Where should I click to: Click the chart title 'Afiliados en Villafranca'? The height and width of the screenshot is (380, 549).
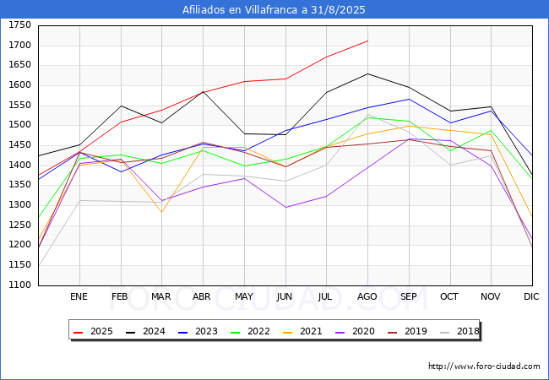[241, 10]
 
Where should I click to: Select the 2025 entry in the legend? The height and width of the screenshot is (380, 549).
[93, 331]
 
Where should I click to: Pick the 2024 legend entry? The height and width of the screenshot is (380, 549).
[145, 331]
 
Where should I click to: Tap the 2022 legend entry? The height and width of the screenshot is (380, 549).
[250, 331]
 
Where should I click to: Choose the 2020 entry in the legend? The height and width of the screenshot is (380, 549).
[355, 331]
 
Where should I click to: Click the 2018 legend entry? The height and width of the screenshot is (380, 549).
[459, 331]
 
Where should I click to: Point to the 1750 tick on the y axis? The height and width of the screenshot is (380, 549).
[19, 25]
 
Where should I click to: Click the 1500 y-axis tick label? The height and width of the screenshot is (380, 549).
[19, 125]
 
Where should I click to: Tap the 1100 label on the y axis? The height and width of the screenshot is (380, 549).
[19, 285]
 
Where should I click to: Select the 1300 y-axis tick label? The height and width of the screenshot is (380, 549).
[19, 204]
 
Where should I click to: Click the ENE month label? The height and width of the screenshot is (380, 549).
[79, 296]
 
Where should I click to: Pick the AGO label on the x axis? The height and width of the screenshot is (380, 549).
[367, 296]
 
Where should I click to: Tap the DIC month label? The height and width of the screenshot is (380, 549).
[531, 296]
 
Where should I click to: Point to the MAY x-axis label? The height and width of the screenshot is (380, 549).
[244, 296]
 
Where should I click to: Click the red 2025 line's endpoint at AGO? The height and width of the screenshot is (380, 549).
[368, 41]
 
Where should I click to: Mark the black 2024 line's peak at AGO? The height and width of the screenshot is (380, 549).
[367, 73]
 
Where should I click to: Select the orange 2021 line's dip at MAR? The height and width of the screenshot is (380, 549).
[162, 213]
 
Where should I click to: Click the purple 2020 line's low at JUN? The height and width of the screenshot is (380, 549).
[285, 208]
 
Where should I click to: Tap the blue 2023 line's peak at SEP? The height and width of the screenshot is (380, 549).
[409, 99]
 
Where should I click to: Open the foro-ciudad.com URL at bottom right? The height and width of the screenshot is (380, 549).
[484, 366]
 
